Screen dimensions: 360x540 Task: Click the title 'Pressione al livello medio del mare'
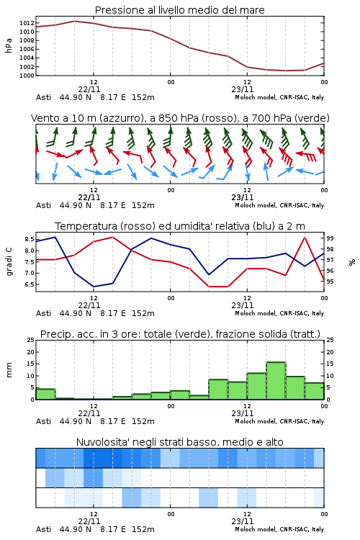pyautogui.click(x=179, y=10)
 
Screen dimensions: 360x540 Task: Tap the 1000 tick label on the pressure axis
pyautogui.click(x=27, y=76)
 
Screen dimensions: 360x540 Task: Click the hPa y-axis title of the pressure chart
pyautogui.click(x=9, y=45)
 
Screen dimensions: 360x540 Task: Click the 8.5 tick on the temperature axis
pyautogui.click(x=30, y=239)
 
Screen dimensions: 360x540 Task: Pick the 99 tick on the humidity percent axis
pyautogui.click(x=330, y=238)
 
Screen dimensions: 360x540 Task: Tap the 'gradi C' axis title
pyautogui.click(x=9, y=261)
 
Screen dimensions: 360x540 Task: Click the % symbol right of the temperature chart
pyautogui.click(x=352, y=262)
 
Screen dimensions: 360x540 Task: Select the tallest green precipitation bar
pyautogui.click(x=276, y=381)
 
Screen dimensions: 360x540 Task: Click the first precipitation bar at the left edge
pyautogui.click(x=46, y=394)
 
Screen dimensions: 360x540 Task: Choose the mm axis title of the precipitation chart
pyautogui.click(x=9, y=370)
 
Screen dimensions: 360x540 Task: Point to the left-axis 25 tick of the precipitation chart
pyautogui.click(x=31, y=340)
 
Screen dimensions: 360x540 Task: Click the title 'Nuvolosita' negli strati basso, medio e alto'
pyautogui.click(x=179, y=442)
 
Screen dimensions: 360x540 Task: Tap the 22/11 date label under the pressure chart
pyautogui.click(x=89, y=89)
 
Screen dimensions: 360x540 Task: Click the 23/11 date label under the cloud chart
pyautogui.click(x=243, y=521)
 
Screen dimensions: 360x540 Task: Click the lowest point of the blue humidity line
pyautogui.click(x=94, y=287)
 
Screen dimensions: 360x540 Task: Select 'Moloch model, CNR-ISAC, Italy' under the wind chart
pyautogui.click(x=279, y=206)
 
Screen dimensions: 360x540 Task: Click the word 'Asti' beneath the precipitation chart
pyautogui.click(x=43, y=421)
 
